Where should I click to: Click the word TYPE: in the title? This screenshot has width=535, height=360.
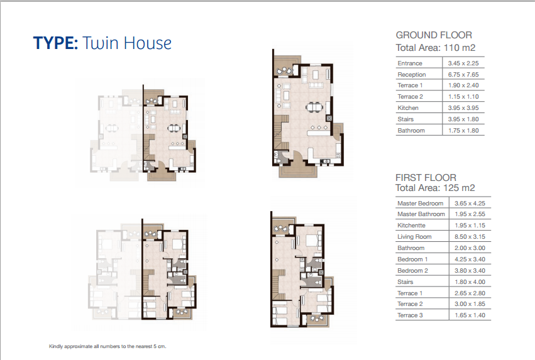pos(55,43)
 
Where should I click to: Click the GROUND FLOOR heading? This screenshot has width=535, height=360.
pos(434,35)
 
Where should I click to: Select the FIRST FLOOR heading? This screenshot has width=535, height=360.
pos(426,178)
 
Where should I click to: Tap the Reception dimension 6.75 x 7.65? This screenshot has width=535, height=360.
pos(463,74)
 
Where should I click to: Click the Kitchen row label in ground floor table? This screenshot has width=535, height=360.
pos(408,107)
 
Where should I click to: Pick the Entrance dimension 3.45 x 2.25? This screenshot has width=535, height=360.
pos(463,63)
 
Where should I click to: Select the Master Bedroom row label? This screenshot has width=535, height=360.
pos(421,203)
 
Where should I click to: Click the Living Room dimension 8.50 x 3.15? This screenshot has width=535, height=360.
pos(470,237)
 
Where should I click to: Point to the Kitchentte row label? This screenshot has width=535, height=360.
pos(411,226)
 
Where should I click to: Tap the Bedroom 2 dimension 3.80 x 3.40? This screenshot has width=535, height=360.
pos(470,270)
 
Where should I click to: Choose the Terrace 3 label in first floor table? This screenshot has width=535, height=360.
pos(410,315)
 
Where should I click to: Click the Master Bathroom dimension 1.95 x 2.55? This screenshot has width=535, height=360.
pos(470,214)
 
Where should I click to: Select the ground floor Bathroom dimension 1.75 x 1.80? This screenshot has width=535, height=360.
pos(463,130)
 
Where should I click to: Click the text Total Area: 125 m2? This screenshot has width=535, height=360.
pos(435,188)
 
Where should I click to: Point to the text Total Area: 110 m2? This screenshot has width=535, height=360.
pos(436,48)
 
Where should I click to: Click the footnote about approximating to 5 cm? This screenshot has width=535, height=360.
pos(108,346)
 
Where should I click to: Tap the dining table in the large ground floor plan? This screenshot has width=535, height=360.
pos(314,107)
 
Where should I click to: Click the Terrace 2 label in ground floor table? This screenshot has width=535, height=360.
pos(410,97)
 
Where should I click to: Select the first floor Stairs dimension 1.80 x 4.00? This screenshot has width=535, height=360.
pos(470,282)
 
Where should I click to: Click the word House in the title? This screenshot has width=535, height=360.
pos(147,43)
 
